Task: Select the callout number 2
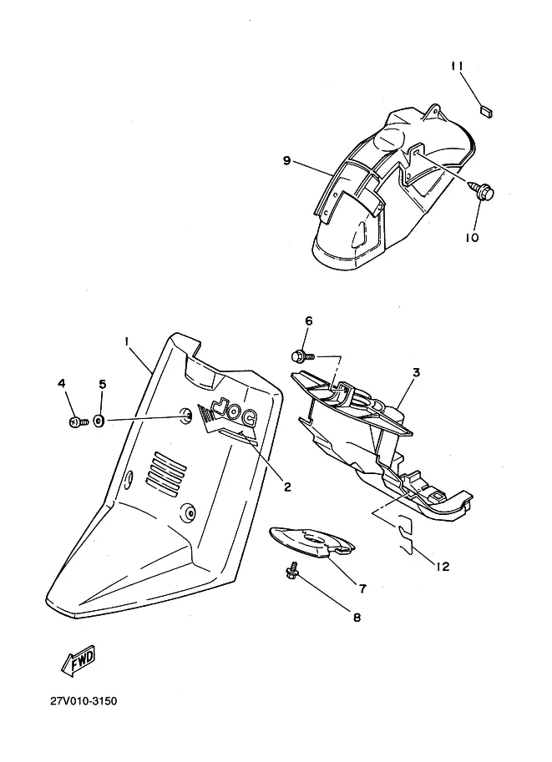[286, 487]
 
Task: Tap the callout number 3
[415, 373]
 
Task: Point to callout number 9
[286, 161]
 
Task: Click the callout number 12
[442, 567]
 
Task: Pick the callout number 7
[362, 588]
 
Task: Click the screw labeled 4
[73, 421]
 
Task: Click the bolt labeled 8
[291, 571]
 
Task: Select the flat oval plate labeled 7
[310, 542]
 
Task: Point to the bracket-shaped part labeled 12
[403, 533]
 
